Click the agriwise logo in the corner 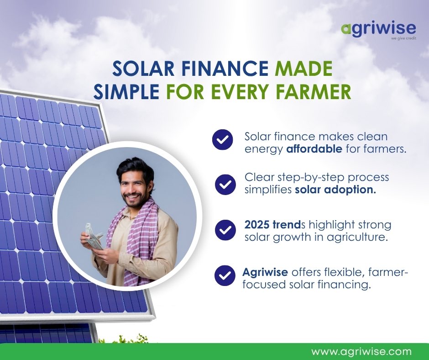378,29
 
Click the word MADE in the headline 303,69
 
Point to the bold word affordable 314,149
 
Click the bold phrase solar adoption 335,190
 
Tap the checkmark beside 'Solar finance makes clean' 223,140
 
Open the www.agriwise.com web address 361,352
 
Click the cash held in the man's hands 94,236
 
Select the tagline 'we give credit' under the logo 403,38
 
